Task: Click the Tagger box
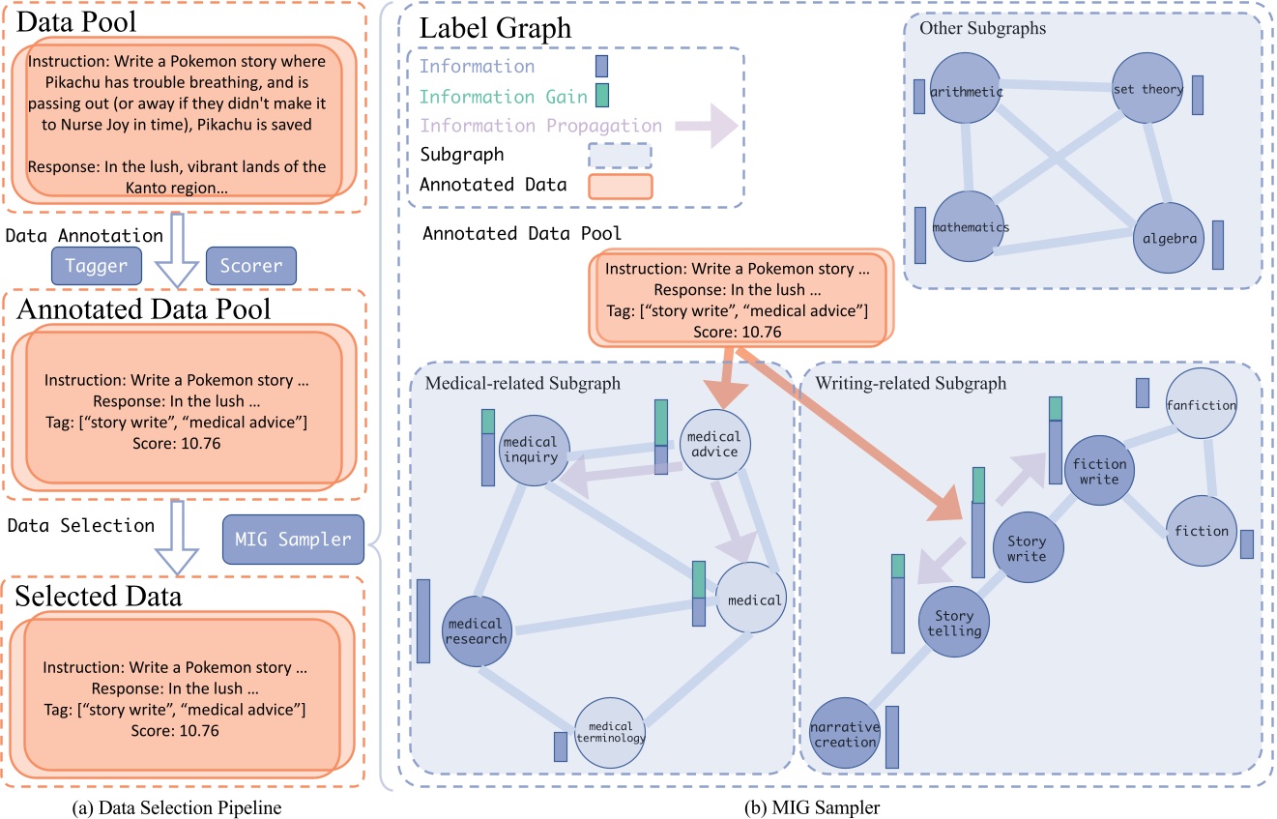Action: click(96, 265)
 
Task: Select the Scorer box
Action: click(250, 265)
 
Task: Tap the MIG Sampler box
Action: click(293, 540)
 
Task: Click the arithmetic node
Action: click(966, 93)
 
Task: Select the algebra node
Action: click(1169, 239)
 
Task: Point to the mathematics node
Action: click(971, 228)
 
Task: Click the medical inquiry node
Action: click(530, 451)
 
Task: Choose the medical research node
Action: click(478, 630)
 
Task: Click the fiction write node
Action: click(1096, 472)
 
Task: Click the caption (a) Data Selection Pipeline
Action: click(183, 802)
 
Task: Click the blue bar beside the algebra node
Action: click(1217, 245)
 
